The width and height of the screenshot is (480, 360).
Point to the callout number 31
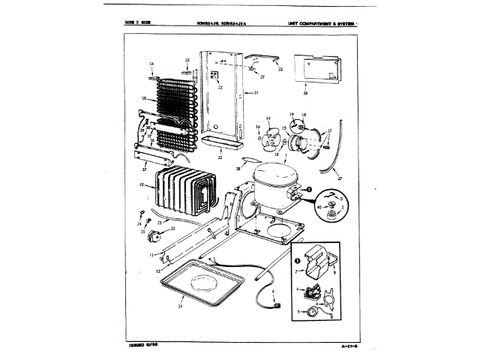(256, 93)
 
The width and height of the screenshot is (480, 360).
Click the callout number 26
(306, 94)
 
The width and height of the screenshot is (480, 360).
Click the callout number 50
(142, 98)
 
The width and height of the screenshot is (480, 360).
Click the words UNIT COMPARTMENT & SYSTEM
(320, 24)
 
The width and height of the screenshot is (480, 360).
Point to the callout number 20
(173, 228)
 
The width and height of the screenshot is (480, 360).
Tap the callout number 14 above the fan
(268, 118)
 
